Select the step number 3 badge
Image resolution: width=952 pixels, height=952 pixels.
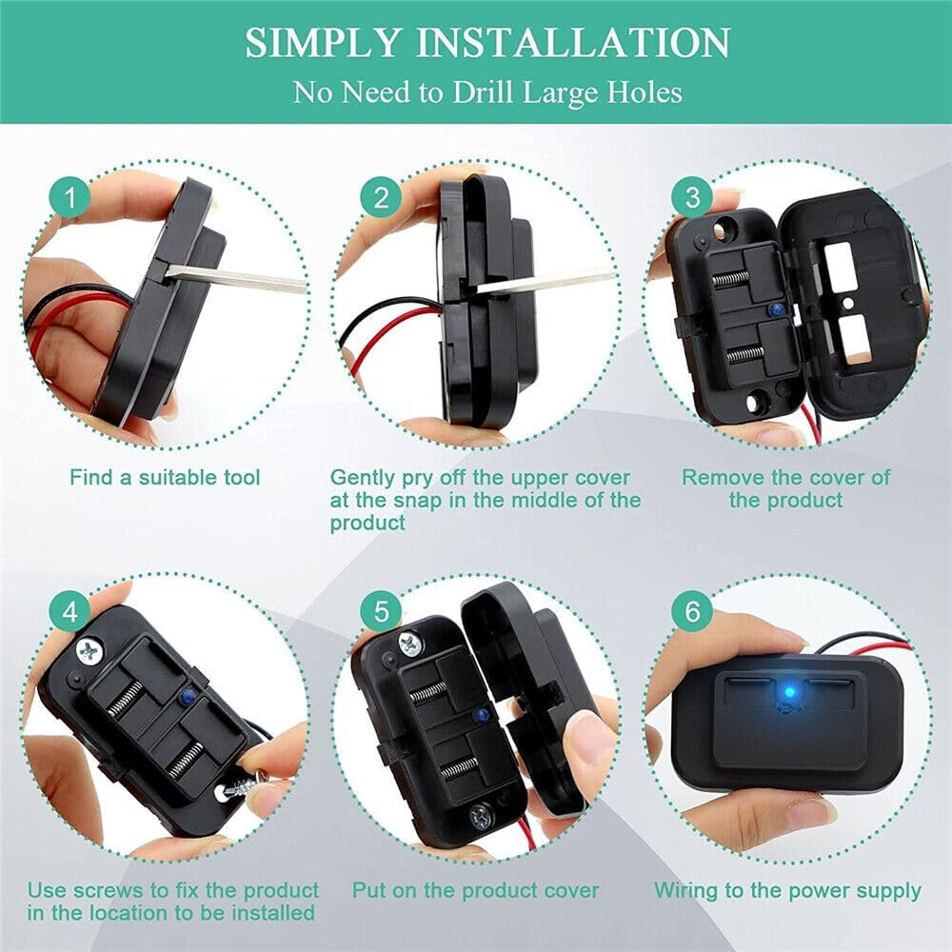[692, 198]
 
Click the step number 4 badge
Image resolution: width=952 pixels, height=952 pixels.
[69, 612]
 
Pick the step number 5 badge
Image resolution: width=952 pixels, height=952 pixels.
[382, 612]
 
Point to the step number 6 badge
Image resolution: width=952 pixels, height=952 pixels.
[692, 612]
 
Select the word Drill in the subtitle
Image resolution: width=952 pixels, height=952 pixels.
[483, 92]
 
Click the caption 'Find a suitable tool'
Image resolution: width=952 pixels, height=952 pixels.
[165, 477]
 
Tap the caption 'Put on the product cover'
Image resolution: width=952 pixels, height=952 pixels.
[476, 891]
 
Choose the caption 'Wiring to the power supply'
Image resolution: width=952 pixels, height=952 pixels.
[787, 891]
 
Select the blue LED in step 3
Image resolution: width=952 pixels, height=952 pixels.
[779, 311]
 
